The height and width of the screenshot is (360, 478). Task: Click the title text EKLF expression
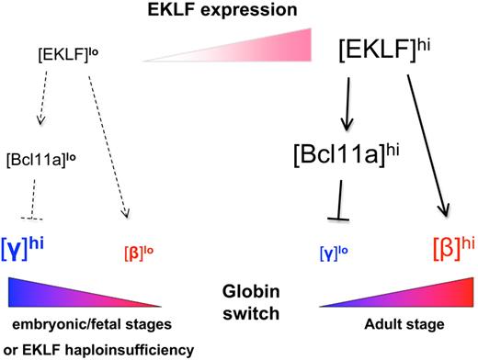(238, 12)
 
